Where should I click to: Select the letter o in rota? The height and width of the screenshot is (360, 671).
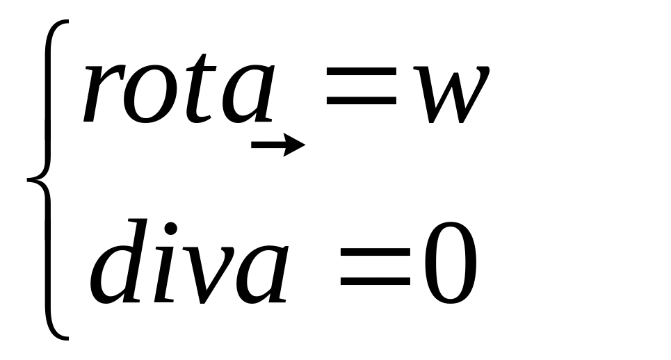click(147, 94)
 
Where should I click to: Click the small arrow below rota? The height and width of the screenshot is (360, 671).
click(277, 145)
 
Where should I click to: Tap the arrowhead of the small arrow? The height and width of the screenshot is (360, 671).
click(297, 145)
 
